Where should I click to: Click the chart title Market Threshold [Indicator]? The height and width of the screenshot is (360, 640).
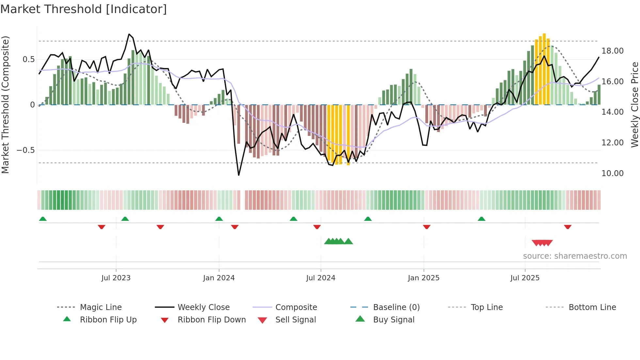coord(84,9)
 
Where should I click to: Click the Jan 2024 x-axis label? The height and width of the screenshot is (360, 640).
coord(219,278)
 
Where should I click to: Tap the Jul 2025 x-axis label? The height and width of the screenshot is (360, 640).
coord(525,278)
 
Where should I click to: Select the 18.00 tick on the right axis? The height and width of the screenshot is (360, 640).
coord(613,51)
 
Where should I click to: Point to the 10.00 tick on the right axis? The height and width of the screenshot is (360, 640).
coord(613,173)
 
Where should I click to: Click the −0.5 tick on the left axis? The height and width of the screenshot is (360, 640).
coord(25,150)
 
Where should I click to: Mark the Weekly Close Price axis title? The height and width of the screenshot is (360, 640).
coord(634,105)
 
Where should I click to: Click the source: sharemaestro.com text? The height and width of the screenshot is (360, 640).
coord(575,256)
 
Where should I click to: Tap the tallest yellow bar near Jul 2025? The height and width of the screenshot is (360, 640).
coord(544,69)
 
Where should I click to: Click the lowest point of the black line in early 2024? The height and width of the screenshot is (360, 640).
coord(239,175)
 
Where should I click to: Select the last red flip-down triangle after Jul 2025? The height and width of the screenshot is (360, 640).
coord(568,227)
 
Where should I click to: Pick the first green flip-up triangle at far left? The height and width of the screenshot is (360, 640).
coord(43,219)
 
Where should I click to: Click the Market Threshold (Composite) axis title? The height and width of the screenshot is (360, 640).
coord(5,105)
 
